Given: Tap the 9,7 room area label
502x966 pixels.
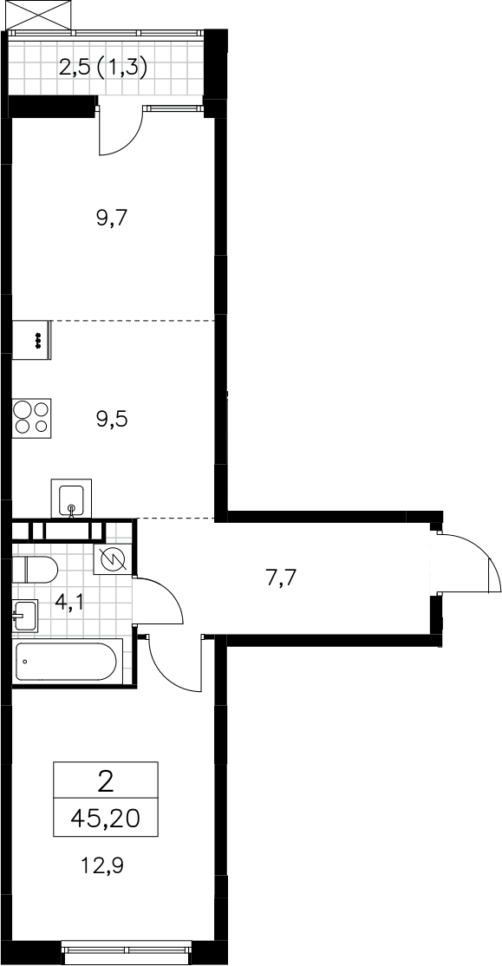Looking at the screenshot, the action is click(112, 219).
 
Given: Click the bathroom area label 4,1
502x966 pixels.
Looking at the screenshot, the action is click(69, 602).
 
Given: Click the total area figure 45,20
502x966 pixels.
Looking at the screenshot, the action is click(105, 819).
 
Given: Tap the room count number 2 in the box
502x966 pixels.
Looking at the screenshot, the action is click(106, 783).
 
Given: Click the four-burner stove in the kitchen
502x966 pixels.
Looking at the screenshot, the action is click(32, 418).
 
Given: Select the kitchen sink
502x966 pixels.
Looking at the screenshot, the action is click(71, 499).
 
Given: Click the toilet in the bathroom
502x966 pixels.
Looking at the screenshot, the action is click(35, 570).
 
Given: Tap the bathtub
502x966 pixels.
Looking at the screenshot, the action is click(65, 662).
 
